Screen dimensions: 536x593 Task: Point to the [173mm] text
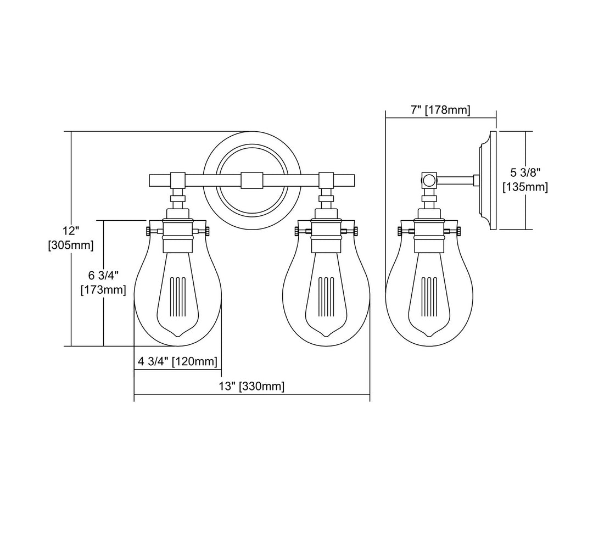103,289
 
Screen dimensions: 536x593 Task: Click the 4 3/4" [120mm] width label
177,361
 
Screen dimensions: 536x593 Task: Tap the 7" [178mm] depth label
440,110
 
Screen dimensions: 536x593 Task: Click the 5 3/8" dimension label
525,172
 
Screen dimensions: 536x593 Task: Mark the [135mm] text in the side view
525,187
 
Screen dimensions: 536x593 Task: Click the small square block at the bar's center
251,180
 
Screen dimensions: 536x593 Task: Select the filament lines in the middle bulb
326,297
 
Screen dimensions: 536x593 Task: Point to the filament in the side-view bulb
429,297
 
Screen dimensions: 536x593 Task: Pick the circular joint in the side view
428,179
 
